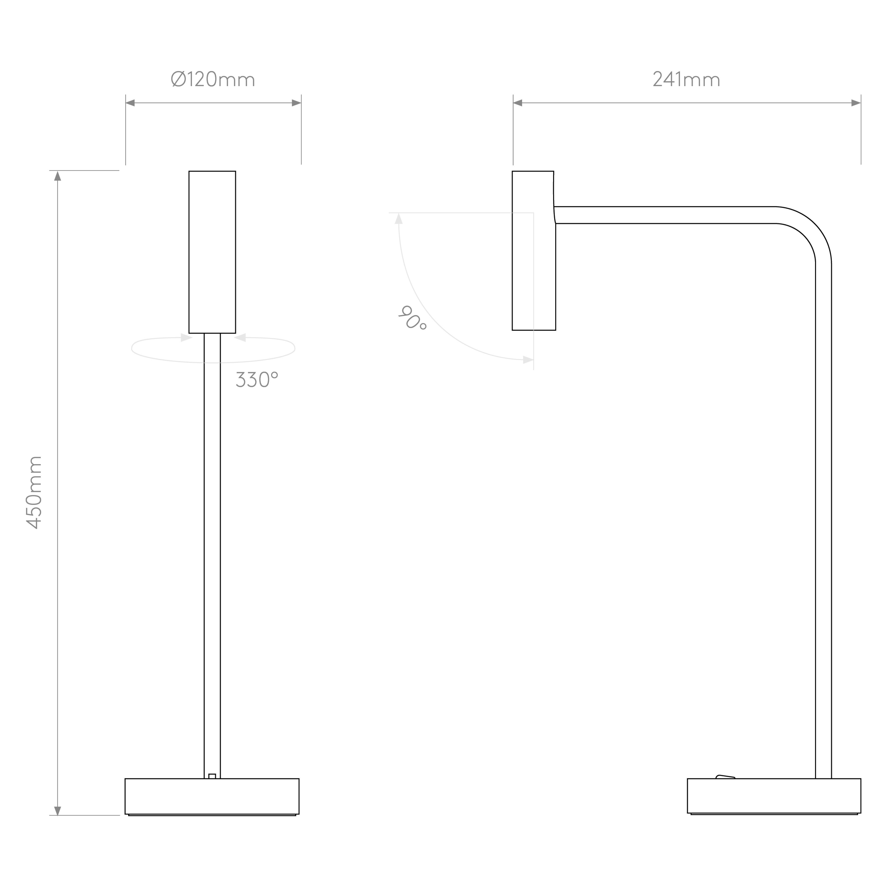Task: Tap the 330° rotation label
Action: point(257,380)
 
